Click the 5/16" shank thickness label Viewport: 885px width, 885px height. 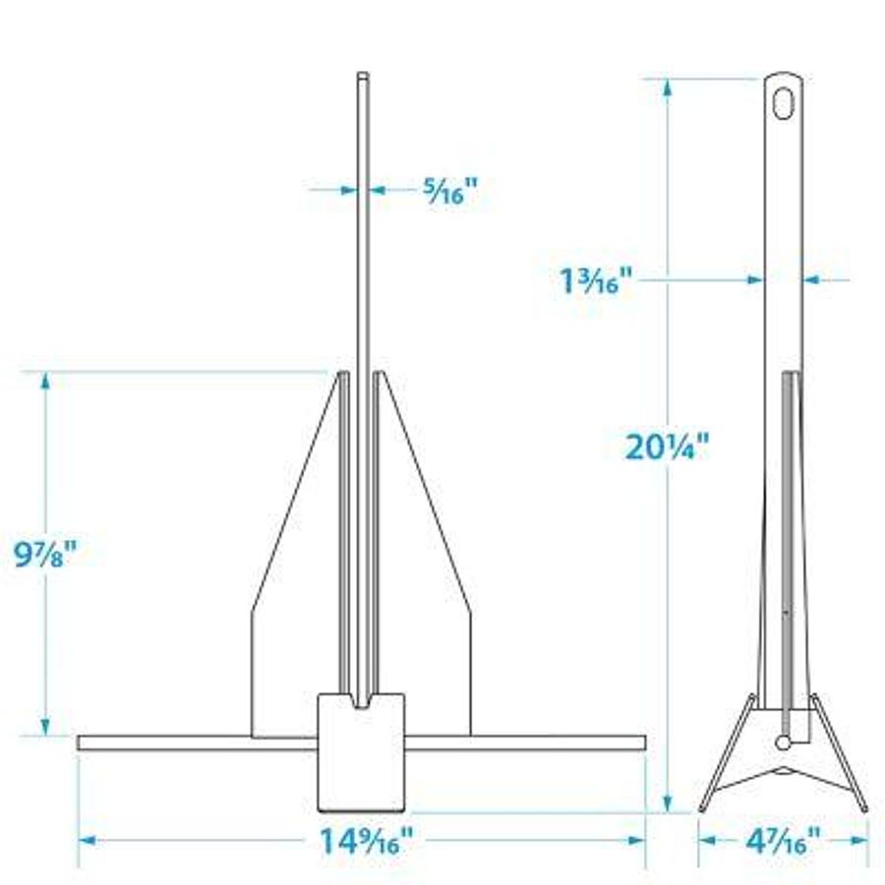click(449, 191)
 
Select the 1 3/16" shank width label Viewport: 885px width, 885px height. click(589, 282)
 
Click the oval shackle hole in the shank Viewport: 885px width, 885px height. click(783, 103)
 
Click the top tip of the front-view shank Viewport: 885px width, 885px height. click(363, 77)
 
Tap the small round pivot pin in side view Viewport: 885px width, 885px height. click(784, 741)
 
